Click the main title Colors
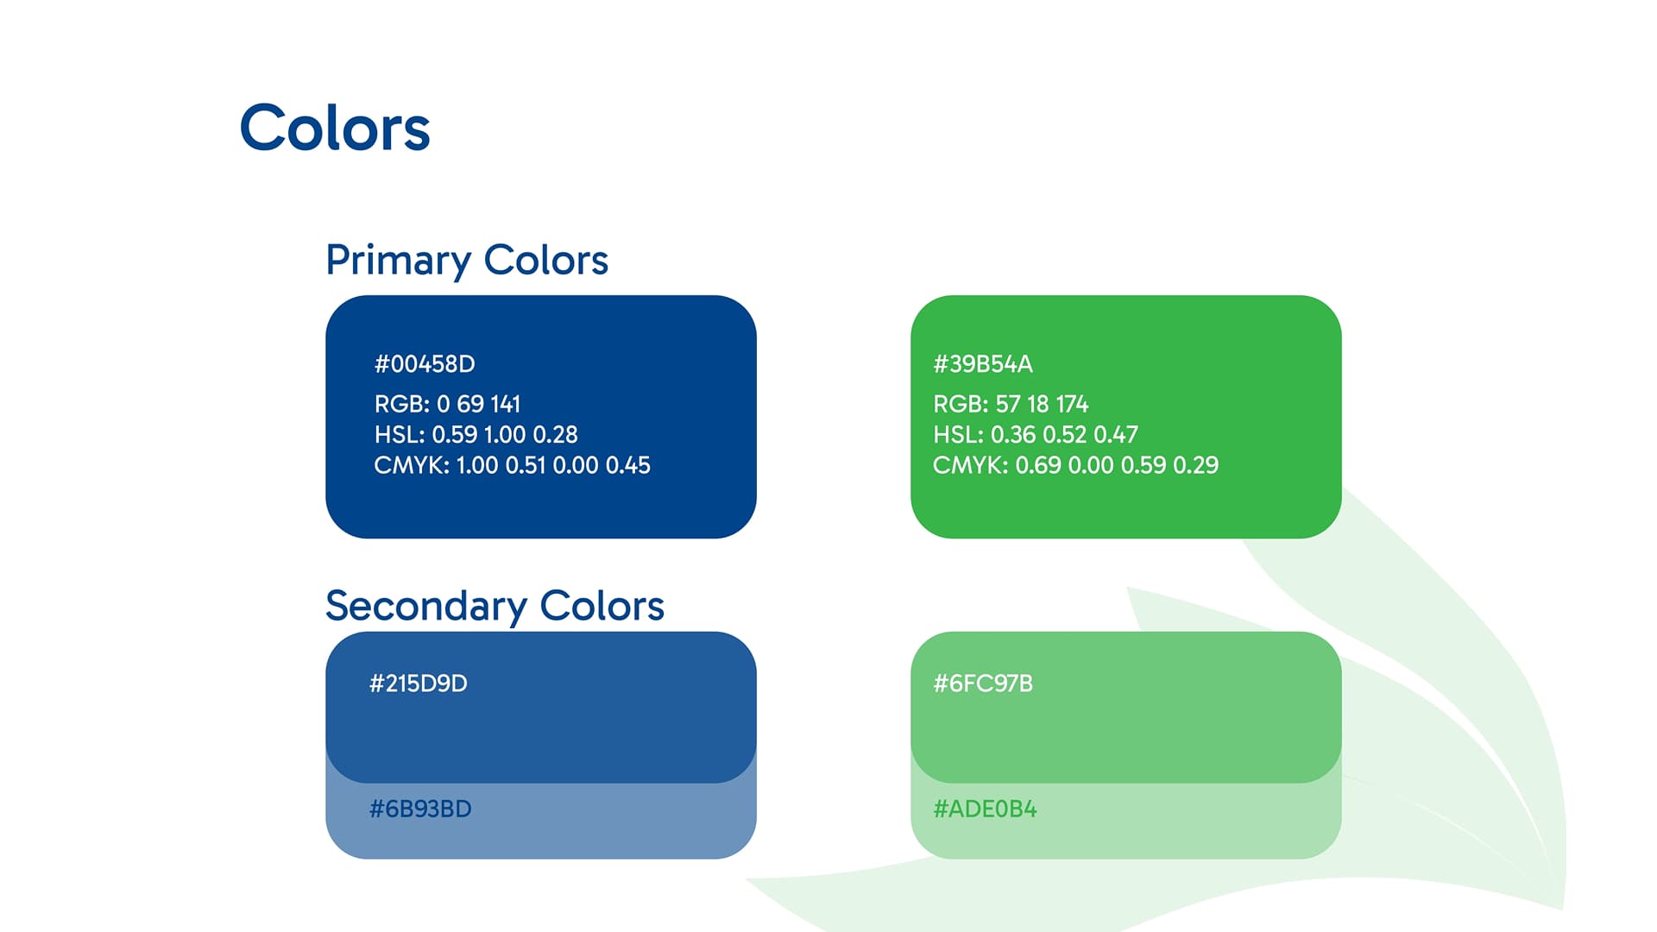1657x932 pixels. (335, 129)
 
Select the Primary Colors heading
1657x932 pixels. (467, 260)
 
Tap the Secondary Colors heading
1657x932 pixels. (495, 606)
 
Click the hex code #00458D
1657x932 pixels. (425, 364)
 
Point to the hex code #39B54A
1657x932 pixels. (983, 364)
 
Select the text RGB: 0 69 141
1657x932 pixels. (447, 404)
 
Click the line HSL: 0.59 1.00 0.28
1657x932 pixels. (476, 434)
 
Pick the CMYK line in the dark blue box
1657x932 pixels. (512, 465)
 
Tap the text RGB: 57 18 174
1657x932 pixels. (1011, 404)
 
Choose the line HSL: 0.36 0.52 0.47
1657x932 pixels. (1036, 434)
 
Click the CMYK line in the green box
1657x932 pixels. (1075, 465)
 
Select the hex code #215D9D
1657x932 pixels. (419, 683)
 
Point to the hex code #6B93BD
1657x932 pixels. (420, 809)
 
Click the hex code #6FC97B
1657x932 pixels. (983, 683)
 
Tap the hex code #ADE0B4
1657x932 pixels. (985, 809)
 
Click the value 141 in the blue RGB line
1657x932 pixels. (505, 404)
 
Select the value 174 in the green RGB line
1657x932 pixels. (1072, 404)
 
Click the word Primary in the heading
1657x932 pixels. (398, 260)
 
